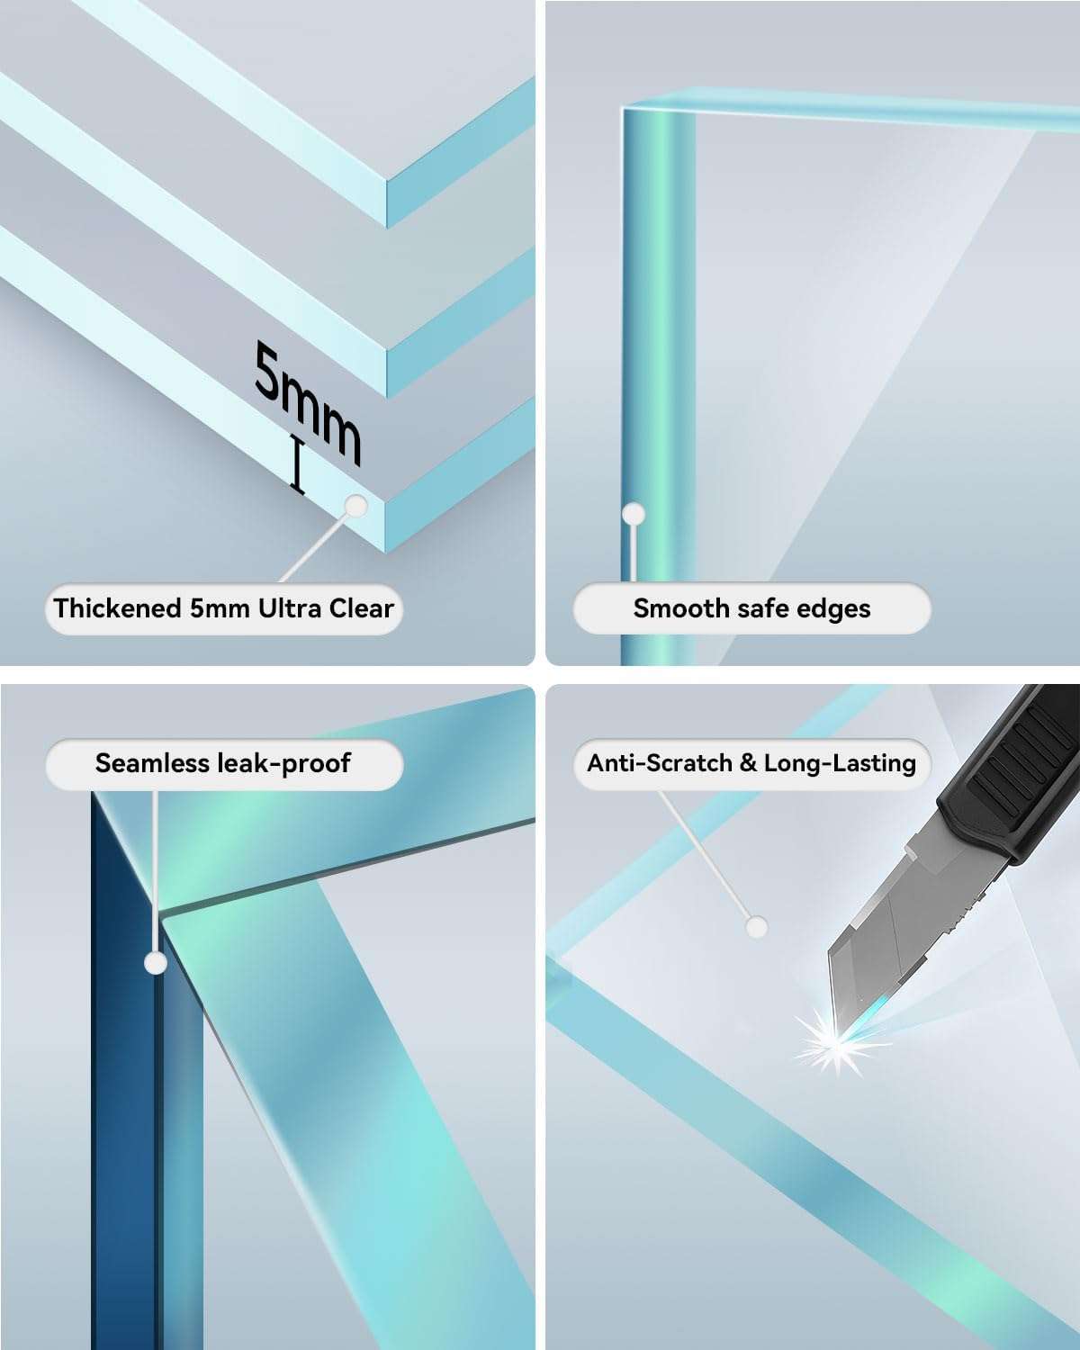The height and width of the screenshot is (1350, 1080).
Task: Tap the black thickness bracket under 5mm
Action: pyautogui.click(x=298, y=463)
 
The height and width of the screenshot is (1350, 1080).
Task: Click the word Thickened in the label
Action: pyautogui.click(x=117, y=608)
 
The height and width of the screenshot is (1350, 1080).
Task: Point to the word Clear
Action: pyautogui.click(x=362, y=608)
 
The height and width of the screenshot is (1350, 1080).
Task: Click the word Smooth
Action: pyautogui.click(x=681, y=608)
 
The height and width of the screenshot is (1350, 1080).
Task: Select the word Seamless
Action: pyautogui.click(x=153, y=763)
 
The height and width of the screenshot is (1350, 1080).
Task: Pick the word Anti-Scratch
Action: pyautogui.click(x=660, y=763)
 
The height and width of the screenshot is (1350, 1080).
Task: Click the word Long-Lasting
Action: pyautogui.click(x=840, y=764)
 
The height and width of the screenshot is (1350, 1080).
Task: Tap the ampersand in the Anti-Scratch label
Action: pyautogui.click(x=748, y=763)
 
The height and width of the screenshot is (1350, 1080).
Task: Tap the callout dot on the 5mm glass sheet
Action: pyautogui.click(x=356, y=506)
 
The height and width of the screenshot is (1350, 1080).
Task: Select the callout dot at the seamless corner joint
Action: pyautogui.click(x=155, y=962)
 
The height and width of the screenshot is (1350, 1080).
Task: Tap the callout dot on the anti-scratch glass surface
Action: pyautogui.click(x=757, y=927)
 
